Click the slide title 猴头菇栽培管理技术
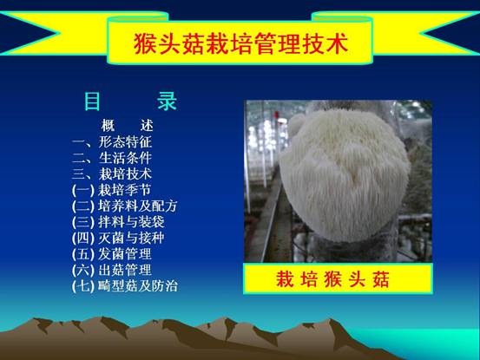point(241,43)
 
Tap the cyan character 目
point(92,101)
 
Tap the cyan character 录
point(168,101)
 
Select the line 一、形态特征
point(112,142)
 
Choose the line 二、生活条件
point(112,158)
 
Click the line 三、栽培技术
point(112,173)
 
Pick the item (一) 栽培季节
point(111,190)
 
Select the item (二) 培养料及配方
point(125,206)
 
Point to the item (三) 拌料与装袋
point(118,222)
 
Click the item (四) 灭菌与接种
point(118,238)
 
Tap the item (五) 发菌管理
point(111,254)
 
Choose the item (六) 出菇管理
point(111,270)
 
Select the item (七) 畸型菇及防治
point(125,286)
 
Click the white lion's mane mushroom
point(345,176)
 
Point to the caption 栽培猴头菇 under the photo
point(332,279)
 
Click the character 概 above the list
point(108,126)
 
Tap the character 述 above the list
point(147,126)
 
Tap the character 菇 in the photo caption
point(380,279)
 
